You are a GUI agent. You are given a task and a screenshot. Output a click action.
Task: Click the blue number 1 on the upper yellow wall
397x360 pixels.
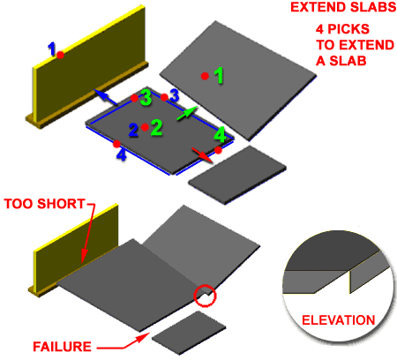pos(52,48)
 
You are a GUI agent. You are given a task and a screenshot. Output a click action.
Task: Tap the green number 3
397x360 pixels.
pos(146,95)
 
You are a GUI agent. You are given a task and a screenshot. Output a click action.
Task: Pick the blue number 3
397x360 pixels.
pos(175,94)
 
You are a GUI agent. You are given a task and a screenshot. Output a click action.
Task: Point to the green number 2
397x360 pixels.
pos(156,127)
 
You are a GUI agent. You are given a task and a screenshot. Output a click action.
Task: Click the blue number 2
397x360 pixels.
pos(133,130)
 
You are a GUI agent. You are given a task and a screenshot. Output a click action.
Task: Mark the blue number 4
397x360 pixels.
pos(123,154)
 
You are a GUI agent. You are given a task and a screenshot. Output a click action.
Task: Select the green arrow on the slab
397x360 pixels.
pos(186,114)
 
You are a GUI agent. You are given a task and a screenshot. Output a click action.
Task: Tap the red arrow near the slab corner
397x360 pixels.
pos(203,154)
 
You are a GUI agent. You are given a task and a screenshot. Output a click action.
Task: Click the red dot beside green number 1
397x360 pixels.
pos(204,77)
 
